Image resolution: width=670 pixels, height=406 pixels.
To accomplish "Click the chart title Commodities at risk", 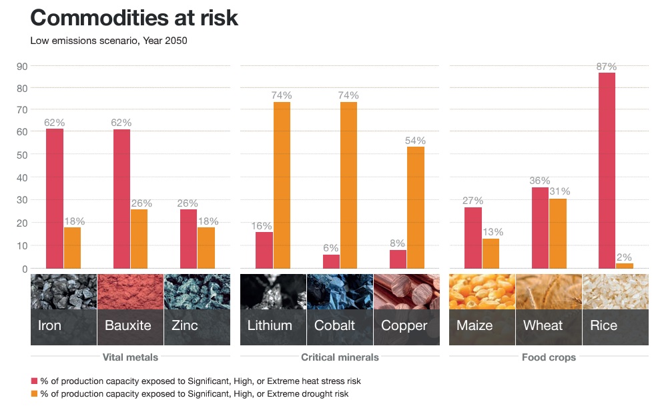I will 134,17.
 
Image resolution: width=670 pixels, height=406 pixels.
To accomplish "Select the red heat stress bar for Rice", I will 607,170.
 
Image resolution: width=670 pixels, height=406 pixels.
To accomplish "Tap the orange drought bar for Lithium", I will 282,185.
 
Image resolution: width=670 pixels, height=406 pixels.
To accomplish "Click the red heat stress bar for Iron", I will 55,199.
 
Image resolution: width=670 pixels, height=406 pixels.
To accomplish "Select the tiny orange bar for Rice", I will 625,266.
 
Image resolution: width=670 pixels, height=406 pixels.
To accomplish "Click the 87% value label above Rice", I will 607,67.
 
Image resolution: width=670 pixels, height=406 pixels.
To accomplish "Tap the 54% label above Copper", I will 415,141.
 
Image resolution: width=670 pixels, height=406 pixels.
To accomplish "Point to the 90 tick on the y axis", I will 21,66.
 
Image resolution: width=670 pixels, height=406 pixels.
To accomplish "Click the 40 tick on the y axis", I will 21,178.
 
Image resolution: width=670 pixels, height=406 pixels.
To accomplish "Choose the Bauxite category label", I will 128,325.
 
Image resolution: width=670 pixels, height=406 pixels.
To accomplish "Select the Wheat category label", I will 543,325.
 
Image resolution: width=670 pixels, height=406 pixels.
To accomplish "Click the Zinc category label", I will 184,325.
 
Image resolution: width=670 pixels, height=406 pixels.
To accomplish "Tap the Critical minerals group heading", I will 340,357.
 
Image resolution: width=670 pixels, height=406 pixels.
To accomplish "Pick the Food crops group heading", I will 549,357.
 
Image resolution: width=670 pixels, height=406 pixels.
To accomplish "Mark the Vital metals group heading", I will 130,357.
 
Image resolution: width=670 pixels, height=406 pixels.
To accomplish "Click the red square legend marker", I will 34,381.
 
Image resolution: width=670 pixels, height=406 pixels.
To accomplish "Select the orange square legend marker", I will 34,394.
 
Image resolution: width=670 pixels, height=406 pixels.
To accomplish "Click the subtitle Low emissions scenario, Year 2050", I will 109,41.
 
